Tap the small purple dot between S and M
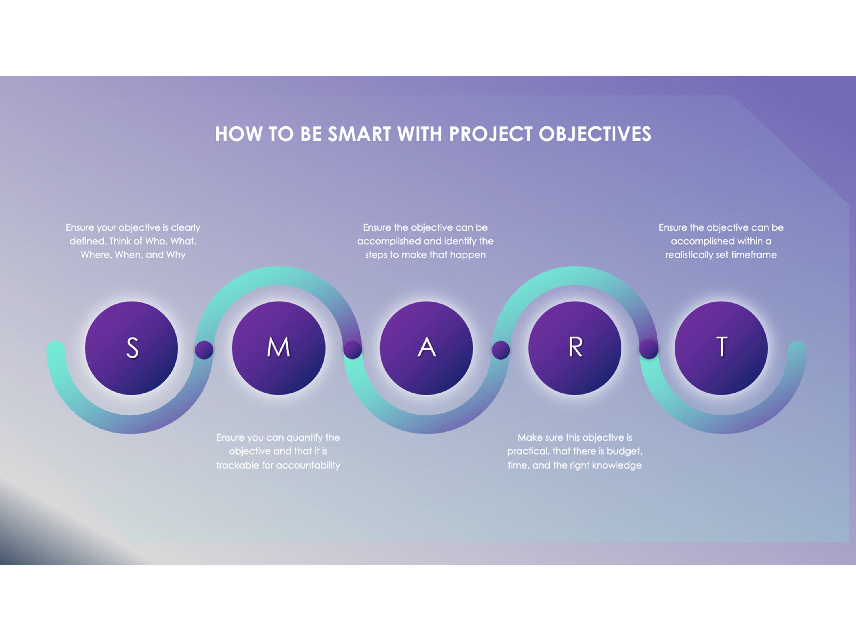click(204, 350)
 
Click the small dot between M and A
click(353, 350)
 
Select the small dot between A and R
click(501, 350)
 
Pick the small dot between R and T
click(649, 350)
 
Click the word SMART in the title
click(359, 134)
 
